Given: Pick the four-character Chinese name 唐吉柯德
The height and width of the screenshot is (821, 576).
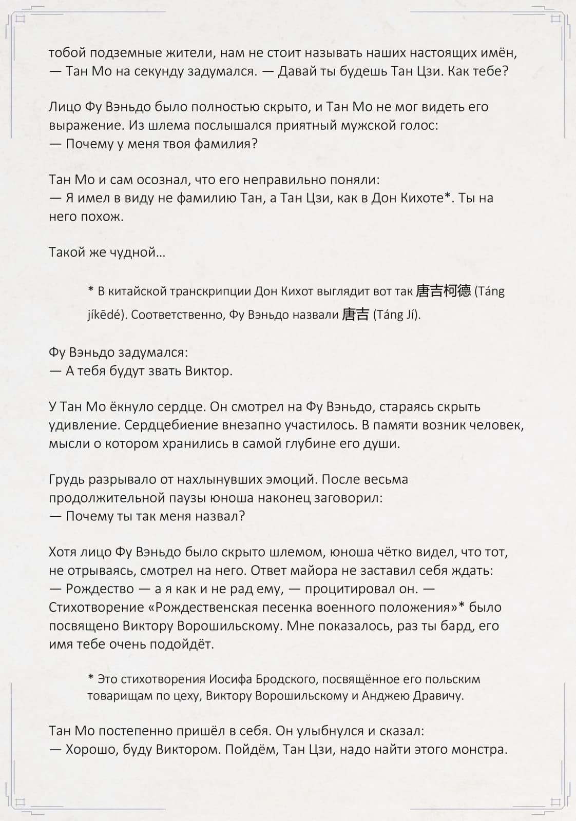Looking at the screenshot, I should click(443, 291).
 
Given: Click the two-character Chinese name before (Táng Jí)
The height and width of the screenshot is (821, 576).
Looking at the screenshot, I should click(355, 315).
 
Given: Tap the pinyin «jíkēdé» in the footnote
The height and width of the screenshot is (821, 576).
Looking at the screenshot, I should click(106, 315).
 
